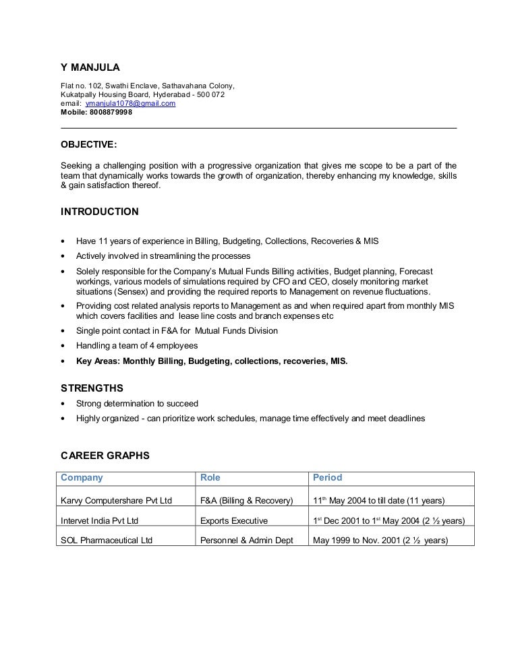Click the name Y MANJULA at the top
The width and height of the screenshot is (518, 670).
click(90, 67)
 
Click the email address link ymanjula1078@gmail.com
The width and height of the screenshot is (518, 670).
click(130, 104)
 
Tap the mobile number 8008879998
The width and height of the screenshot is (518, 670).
click(111, 113)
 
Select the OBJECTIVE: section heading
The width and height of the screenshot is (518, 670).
click(88, 144)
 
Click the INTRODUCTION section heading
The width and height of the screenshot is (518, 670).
click(100, 212)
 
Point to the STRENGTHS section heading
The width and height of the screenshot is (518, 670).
click(92, 388)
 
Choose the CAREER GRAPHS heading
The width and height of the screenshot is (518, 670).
click(105, 456)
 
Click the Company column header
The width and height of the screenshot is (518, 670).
click(82, 478)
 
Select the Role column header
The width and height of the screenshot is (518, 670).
click(210, 478)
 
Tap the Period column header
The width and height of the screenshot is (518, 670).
click(327, 478)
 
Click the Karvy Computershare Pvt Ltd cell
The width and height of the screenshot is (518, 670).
click(117, 501)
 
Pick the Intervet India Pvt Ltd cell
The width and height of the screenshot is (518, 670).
click(100, 521)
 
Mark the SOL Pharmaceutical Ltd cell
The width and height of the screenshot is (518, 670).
click(107, 541)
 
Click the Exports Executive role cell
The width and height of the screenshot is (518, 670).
click(234, 521)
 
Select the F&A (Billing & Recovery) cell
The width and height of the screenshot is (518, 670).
click(247, 501)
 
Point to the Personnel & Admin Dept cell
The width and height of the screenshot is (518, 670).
click(246, 541)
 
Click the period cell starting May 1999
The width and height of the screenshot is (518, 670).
click(380, 541)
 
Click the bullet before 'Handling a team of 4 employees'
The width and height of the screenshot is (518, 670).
click(63, 346)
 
